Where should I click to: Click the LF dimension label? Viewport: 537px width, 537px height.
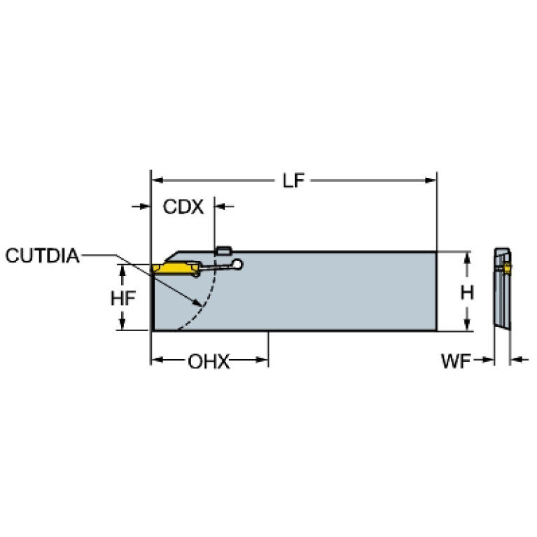[293, 181]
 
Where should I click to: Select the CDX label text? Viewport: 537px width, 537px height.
[183, 207]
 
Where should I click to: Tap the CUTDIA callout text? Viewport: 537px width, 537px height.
[43, 256]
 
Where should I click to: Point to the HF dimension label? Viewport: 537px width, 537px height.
[123, 298]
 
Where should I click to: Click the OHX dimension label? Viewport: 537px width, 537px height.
[209, 362]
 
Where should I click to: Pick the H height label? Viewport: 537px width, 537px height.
[467, 293]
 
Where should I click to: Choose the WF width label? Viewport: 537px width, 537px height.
[456, 361]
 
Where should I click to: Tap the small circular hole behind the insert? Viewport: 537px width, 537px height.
[237, 265]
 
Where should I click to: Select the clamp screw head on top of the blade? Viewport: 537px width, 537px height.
[223, 251]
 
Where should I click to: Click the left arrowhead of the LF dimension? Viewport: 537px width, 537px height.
[157, 180]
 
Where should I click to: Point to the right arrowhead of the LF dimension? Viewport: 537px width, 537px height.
[431, 180]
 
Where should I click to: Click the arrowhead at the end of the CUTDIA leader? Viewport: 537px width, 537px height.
[197, 302]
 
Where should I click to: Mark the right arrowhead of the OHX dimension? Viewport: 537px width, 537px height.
[262, 360]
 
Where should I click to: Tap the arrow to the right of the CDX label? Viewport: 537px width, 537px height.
[224, 207]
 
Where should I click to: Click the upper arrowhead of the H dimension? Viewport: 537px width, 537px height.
[466, 258]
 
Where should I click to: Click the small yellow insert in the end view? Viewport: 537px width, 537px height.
[507, 269]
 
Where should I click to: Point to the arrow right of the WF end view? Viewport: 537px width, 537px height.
[520, 360]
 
